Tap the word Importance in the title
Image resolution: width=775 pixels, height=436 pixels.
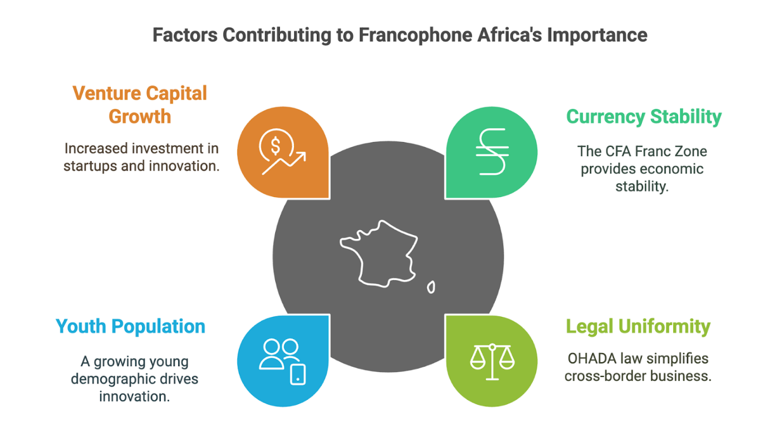coord(597,35)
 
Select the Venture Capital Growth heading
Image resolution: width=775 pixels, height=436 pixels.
coord(140,105)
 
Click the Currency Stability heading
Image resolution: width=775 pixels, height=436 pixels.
coord(643,116)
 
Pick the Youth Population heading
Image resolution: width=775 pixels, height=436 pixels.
coord(131,327)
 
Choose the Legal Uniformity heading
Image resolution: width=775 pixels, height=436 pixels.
coord(637,327)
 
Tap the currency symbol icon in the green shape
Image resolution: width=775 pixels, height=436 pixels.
coord(491,152)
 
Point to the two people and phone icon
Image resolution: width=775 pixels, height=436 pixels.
coord(282,361)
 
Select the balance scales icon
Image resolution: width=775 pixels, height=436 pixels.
coord(491,361)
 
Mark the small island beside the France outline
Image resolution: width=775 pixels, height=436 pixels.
coord(431,287)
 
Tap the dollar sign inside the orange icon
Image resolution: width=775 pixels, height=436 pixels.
coord(275,145)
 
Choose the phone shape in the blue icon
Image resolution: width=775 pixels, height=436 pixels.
coord(297,374)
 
